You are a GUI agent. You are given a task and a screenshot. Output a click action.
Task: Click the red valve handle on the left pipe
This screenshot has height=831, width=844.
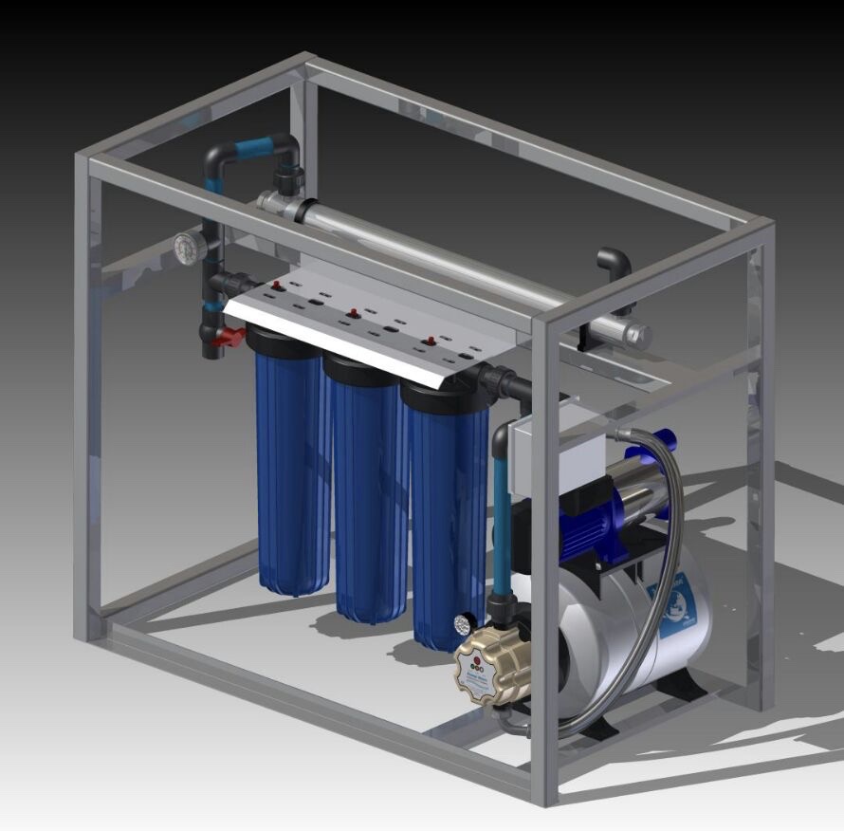tap(229, 337)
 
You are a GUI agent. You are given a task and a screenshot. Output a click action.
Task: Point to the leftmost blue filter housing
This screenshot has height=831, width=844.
tap(291, 465)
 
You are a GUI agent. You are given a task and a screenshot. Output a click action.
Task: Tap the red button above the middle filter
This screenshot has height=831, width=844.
tap(353, 312)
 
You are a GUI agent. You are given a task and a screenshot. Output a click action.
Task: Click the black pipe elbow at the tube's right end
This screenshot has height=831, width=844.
tap(614, 265)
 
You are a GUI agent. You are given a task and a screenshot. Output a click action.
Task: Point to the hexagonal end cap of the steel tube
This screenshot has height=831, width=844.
tap(637, 335)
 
